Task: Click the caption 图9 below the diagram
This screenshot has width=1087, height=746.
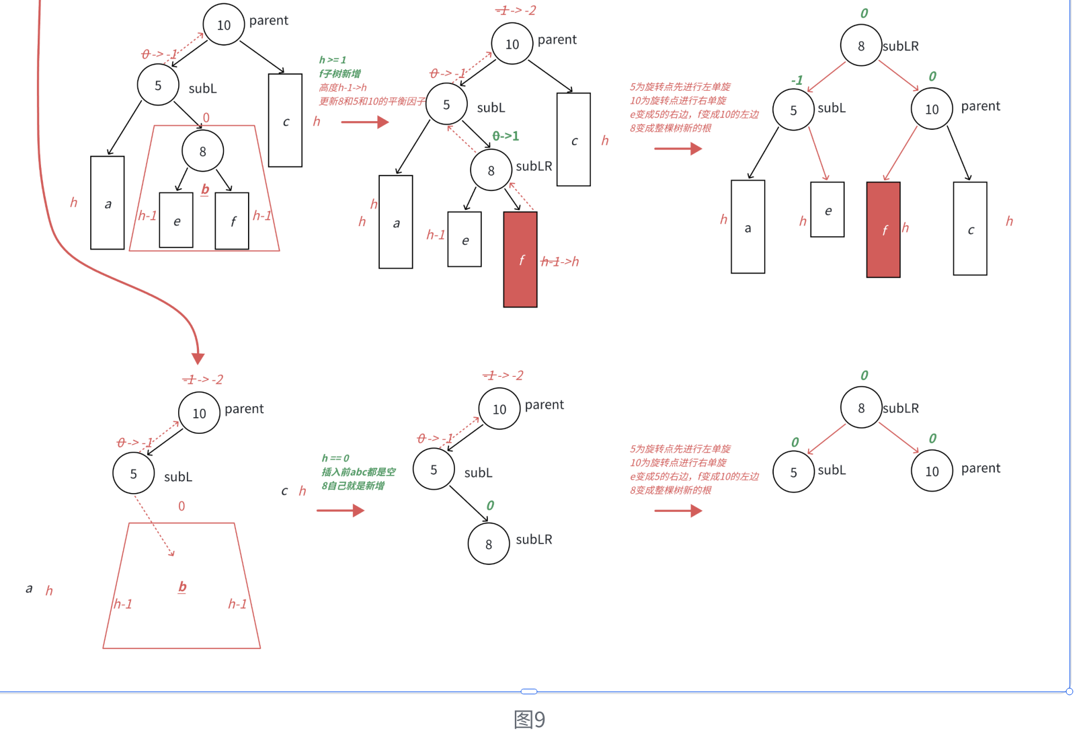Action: pos(529,720)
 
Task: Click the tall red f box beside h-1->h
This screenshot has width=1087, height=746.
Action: pos(520,260)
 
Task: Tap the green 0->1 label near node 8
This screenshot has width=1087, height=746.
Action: pos(506,136)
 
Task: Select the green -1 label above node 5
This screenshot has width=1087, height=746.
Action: pos(797,80)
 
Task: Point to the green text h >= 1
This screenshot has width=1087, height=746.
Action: pos(333,60)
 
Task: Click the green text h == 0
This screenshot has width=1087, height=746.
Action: pos(335,458)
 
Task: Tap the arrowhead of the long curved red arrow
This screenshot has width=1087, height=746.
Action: pos(198,357)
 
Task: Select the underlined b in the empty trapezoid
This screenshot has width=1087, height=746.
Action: pos(182,587)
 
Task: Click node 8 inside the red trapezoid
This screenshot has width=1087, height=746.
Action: pos(202,151)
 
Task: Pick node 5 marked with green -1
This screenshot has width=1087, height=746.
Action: pos(793,110)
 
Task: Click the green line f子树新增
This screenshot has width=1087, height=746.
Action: pos(340,73)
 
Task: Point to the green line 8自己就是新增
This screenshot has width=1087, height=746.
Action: pos(353,486)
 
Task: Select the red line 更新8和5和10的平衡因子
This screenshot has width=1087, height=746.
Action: pos(372,101)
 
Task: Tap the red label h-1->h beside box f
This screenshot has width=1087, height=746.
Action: pos(560,262)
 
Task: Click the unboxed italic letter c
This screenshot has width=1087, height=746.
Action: pos(284,491)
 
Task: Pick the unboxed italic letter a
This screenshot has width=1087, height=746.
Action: pos(29,589)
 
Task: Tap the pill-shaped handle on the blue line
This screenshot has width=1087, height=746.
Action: pos(529,691)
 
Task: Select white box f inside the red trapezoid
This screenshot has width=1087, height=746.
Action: pos(232,221)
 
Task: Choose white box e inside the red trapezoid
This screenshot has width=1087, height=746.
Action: pos(176,221)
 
